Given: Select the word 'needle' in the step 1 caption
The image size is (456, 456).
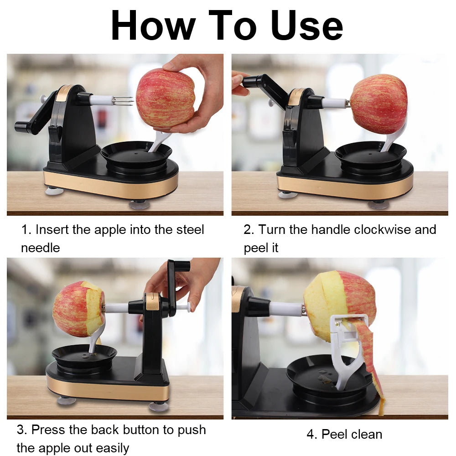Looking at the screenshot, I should click(x=40, y=248).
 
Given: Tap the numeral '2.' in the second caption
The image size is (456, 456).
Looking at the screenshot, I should click(x=249, y=229).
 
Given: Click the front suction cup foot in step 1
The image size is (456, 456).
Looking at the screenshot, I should click(x=139, y=204).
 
